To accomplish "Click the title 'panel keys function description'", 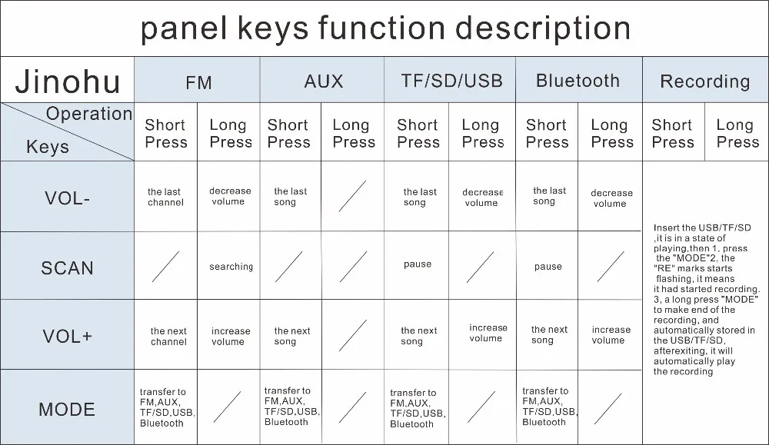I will pos(385,28).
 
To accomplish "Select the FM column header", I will pos(198,81).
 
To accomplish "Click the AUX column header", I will pos(323,81).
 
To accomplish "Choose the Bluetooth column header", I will pos(578,81).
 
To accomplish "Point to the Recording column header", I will pos(704,81).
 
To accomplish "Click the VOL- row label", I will pos(67,198).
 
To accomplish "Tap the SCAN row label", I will pos(67,268).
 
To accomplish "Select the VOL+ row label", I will pos(67,337).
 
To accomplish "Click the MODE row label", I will pos(67,409).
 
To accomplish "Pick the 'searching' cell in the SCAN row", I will pos(231,267).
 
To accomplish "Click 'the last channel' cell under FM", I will pos(165,198).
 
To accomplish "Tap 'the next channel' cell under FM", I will pos(168,337).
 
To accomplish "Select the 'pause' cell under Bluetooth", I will pos(548,267).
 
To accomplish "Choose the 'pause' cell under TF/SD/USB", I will pos(418,264).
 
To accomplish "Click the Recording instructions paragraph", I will pos(705,300).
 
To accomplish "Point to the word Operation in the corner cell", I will pos(89,115).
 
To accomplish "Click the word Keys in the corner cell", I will pos(48,147).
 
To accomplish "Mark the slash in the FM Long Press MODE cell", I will pos(227,407).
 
